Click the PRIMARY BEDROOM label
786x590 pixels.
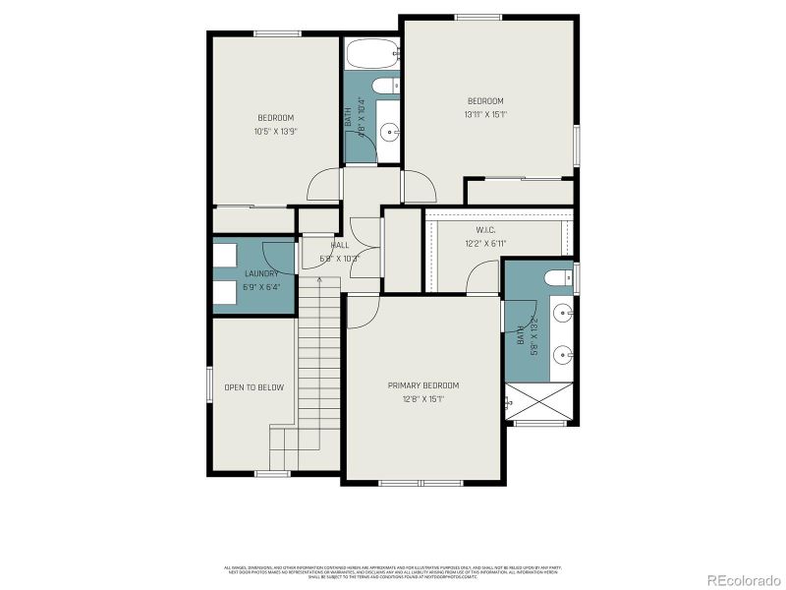pos(422,385)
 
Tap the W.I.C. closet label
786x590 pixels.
pos(485,229)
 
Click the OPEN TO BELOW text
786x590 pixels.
pos(253,387)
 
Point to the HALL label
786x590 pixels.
pos(340,245)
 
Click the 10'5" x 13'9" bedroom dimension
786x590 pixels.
pos(275,131)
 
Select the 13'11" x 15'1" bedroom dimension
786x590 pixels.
pos(485,115)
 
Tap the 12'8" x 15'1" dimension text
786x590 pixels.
pos(422,399)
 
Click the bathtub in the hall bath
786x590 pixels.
pos(370,55)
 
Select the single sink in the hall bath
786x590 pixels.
pos(389,130)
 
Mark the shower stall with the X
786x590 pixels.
pos(539,401)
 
